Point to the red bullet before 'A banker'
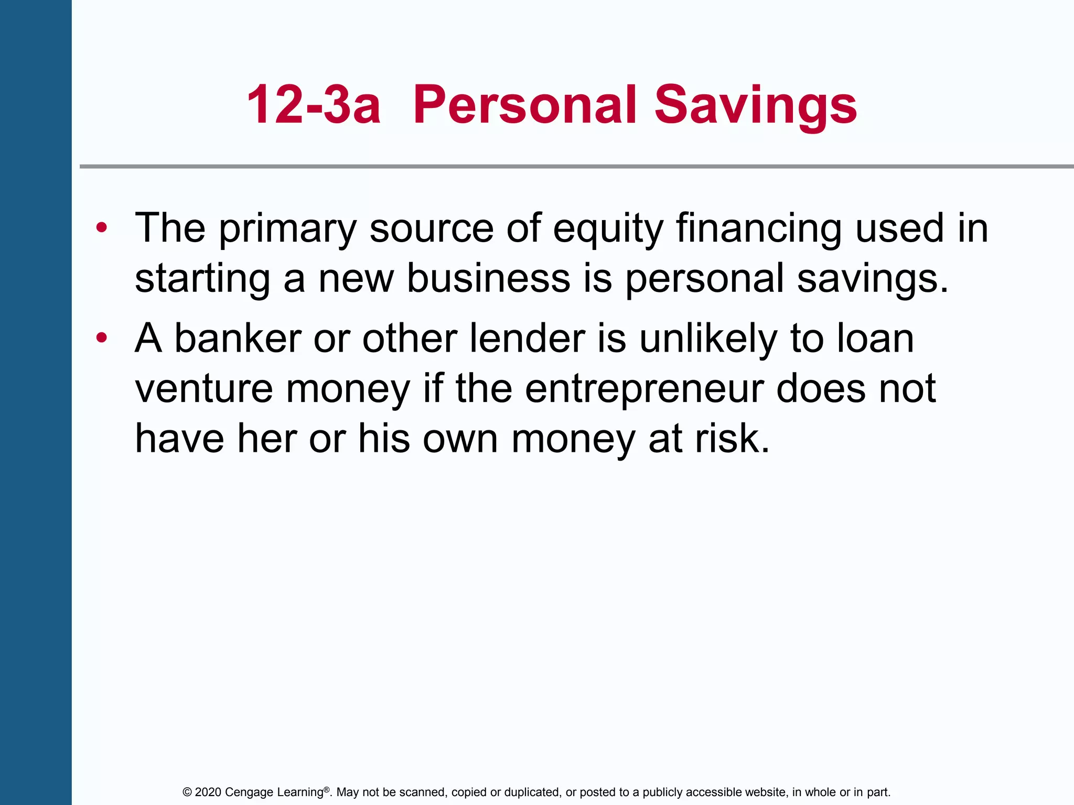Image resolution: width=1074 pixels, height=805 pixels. coord(102,338)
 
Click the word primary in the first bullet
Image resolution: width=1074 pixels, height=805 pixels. coord(287,229)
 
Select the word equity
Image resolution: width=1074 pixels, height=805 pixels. coord(608,229)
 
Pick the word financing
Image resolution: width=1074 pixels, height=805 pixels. coord(759,229)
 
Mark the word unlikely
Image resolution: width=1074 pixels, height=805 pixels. coord(708,338)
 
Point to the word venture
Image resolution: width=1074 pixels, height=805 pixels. coord(204,388)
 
